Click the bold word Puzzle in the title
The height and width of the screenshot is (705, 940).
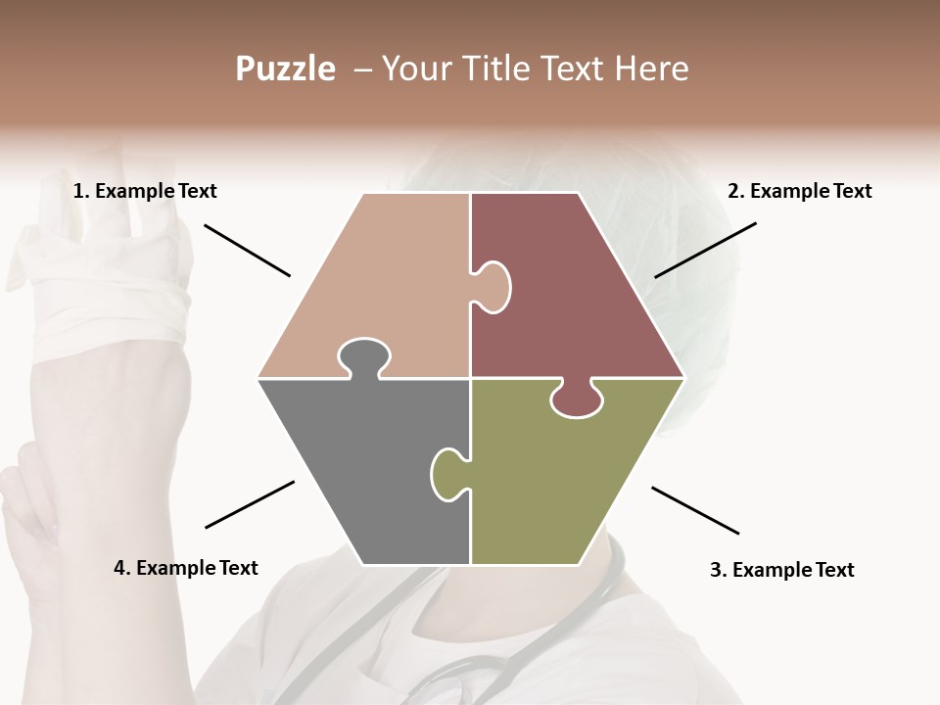(x=285, y=70)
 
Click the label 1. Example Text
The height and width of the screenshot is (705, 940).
(x=145, y=191)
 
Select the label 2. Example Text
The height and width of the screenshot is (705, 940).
(x=799, y=191)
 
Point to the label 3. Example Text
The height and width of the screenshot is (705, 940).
(x=781, y=570)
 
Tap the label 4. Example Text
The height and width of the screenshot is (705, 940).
(x=186, y=568)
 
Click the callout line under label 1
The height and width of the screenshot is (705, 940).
(x=247, y=250)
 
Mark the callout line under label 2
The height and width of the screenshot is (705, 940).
(x=705, y=250)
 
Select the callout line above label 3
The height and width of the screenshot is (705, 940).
(x=695, y=510)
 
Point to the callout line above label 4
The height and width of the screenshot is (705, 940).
(x=250, y=504)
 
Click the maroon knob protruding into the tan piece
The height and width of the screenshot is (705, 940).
(x=493, y=286)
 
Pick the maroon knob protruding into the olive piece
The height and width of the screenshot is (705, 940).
(x=577, y=399)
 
